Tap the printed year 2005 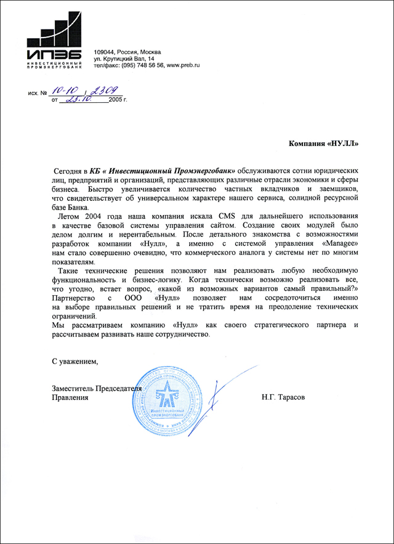116,99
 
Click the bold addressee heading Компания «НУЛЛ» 324,144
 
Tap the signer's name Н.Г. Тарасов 283,397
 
